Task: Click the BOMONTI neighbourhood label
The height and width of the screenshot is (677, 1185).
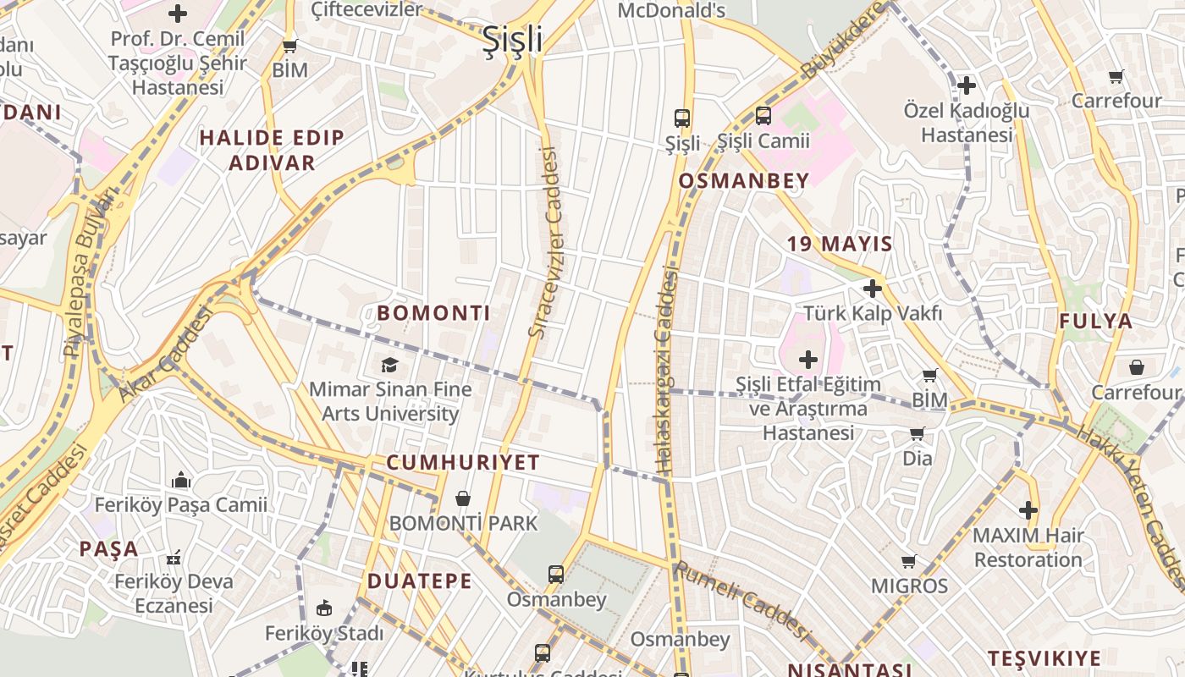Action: [x=433, y=313]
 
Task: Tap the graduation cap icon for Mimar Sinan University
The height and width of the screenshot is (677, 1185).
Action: [x=389, y=365]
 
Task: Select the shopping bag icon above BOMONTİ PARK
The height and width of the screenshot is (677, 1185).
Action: [x=462, y=498]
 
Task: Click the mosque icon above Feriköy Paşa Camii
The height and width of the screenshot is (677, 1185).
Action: [x=181, y=481]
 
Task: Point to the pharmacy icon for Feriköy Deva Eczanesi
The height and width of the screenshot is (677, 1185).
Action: [x=174, y=558]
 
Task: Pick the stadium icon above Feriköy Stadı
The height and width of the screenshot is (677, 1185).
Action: [x=323, y=608]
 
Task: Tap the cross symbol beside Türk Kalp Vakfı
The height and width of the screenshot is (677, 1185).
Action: [x=872, y=289]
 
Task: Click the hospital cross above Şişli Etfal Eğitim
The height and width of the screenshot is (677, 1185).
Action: [x=808, y=360]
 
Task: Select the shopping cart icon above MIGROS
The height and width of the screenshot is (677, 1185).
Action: [x=909, y=561]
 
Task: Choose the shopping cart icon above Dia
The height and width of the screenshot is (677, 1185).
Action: [x=917, y=434]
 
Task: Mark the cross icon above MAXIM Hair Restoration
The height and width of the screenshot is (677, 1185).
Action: [x=1028, y=510]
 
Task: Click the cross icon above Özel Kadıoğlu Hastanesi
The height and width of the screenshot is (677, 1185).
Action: [x=967, y=85]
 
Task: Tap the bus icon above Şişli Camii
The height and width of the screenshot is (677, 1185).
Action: [x=763, y=116]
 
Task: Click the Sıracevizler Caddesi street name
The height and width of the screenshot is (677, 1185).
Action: [x=546, y=243]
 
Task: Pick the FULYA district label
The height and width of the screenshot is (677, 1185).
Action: [x=1095, y=321]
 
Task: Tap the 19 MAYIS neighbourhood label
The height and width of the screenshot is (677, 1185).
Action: [x=840, y=245]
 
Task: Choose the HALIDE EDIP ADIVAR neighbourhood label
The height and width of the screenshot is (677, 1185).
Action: [x=272, y=150]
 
